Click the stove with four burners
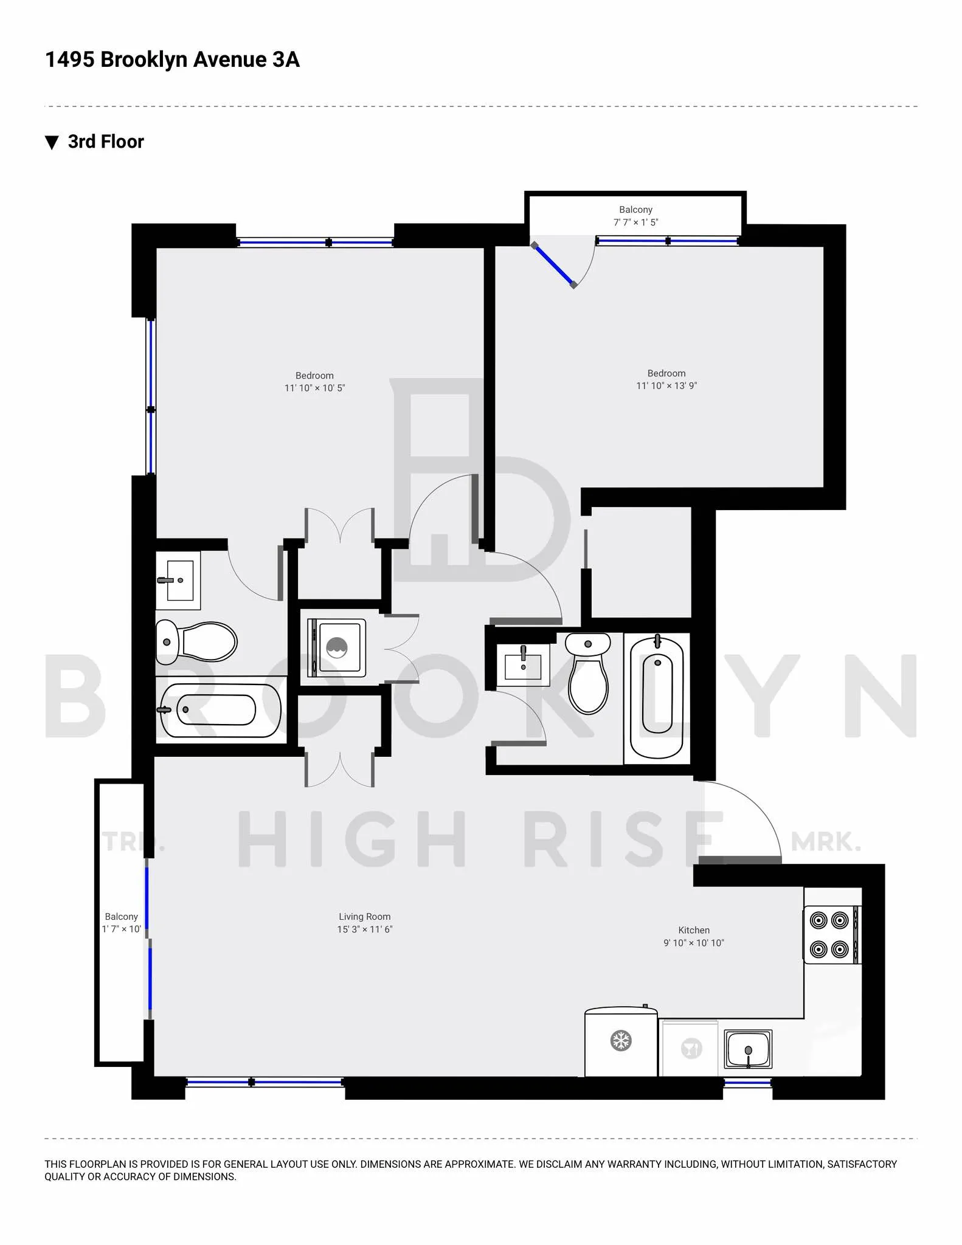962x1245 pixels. point(829,934)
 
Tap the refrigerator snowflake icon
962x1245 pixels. point(620,1041)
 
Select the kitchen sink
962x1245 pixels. point(748,1049)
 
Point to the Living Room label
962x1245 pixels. point(364,916)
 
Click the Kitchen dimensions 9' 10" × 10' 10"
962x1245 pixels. point(693,943)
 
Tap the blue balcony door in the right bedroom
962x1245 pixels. point(553,265)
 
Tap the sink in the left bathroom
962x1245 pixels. point(178,581)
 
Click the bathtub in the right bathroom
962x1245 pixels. point(657,697)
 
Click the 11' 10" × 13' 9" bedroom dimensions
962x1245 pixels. point(666,386)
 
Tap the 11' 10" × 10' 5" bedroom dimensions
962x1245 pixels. point(314,388)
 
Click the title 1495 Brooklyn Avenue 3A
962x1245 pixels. point(172,60)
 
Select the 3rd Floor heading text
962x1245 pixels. point(106,142)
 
